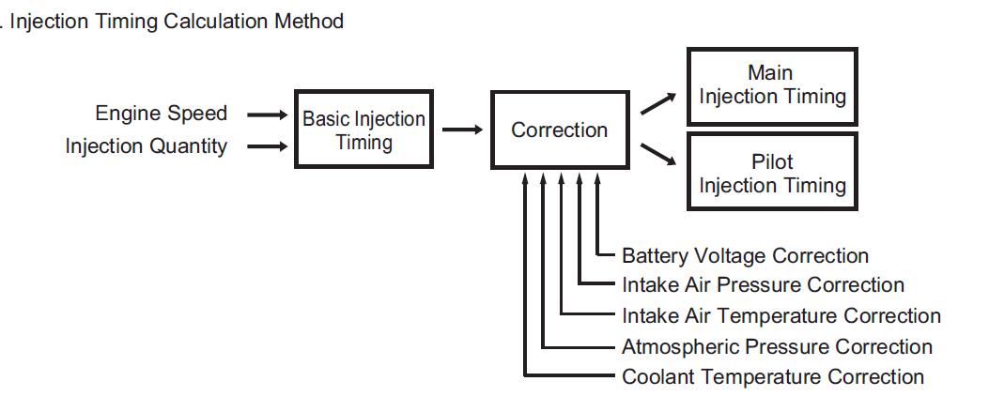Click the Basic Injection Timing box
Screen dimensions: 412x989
pos(363,130)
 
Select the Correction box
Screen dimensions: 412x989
pos(559,130)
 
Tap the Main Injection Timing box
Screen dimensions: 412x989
pos(772,85)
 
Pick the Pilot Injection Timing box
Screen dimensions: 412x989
pos(772,174)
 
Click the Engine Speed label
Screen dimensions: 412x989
pos(161,114)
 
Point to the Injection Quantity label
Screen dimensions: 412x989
pos(146,146)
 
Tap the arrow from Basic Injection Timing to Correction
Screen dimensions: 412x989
pos(462,130)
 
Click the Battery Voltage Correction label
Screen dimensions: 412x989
pos(745,255)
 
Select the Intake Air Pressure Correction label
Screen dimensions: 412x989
pos(763,285)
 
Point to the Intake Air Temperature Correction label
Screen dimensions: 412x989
pos(780,316)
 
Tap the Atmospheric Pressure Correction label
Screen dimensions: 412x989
pos(777,347)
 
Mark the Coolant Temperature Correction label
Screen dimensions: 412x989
pos(772,377)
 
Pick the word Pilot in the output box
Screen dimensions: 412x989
pos(772,162)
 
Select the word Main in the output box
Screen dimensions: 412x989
pos(770,73)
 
